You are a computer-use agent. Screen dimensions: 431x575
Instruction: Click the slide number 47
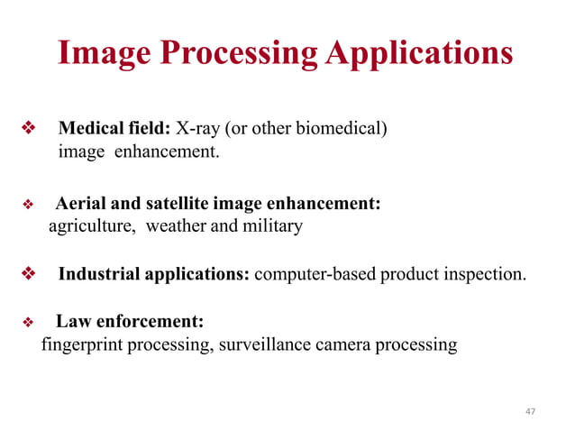coord(529,411)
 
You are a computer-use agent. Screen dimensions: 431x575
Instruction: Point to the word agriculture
coord(91,226)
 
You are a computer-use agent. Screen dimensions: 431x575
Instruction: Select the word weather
coord(176,225)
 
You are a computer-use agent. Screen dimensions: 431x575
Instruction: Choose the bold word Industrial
coord(98,274)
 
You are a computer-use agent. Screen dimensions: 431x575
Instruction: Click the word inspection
coord(485,274)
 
